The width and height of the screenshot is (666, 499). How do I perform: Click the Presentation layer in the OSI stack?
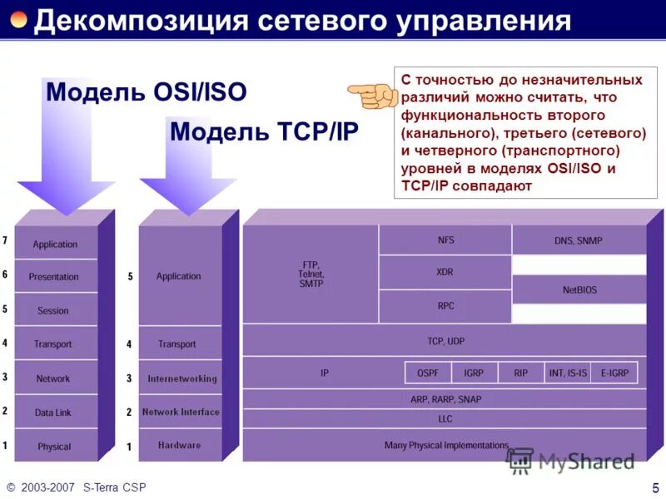(54, 277)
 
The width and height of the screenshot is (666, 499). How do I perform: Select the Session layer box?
(54, 310)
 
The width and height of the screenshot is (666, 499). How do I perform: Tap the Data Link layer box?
(54, 412)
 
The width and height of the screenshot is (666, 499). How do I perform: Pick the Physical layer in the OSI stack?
(54, 446)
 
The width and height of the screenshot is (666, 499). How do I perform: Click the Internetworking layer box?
(181, 378)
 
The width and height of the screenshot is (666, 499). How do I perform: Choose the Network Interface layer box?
(181, 412)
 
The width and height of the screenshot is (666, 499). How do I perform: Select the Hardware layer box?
(181, 445)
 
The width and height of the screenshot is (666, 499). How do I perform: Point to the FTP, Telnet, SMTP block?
(311, 274)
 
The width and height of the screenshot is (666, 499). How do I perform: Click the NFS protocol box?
(445, 240)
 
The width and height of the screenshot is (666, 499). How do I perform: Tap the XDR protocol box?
(445, 272)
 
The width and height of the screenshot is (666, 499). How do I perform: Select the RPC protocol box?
(445, 306)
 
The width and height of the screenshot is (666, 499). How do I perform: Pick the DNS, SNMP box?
(579, 240)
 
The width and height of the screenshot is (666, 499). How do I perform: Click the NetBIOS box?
(579, 289)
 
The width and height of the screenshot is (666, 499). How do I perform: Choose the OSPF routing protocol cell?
(428, 373)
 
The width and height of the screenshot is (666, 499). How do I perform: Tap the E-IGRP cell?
(614, 373)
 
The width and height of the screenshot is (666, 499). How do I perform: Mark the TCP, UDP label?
(445, 340)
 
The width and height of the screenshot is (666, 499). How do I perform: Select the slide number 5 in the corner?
(655, 487)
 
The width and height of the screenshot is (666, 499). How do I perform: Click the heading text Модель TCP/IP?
(264, 132)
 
